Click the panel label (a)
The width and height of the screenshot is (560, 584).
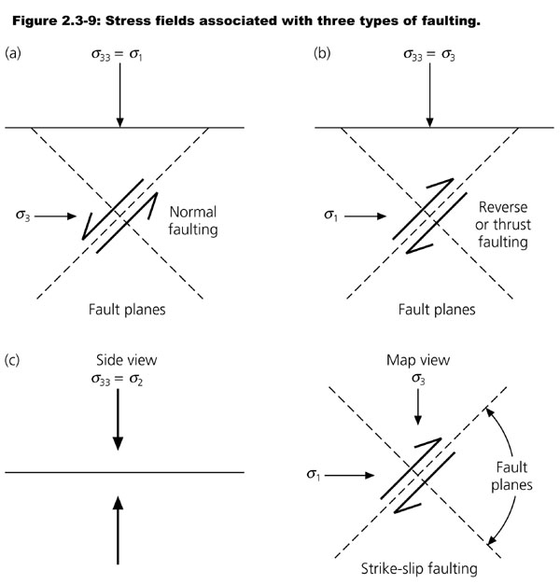pos(14,53)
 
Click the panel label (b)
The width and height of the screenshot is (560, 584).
pos(322,53)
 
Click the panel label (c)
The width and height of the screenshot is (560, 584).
pos(14,358)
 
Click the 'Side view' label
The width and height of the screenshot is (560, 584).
pos(119,360)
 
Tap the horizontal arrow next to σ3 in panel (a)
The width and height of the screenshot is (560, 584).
pos(58,217)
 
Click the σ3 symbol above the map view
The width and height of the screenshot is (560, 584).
pos(417,379)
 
